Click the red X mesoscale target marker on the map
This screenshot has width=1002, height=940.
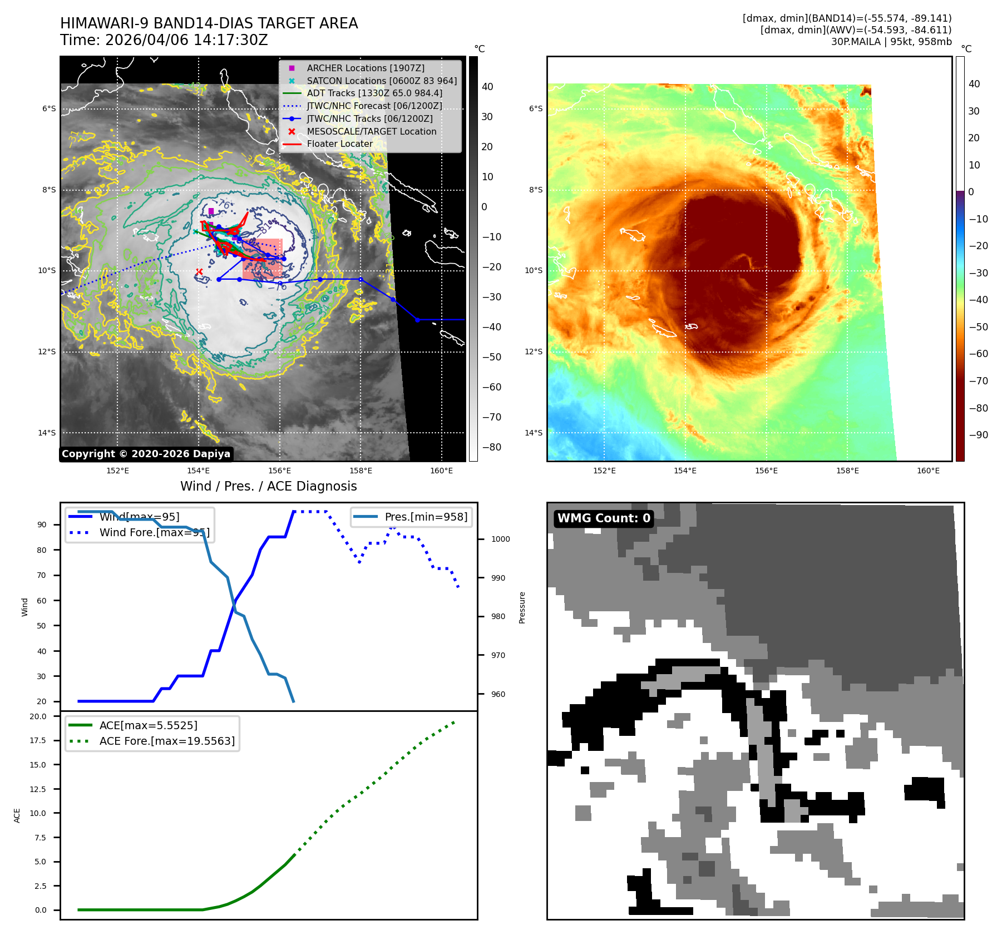coord(199,271)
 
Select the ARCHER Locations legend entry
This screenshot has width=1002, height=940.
coord(365,68)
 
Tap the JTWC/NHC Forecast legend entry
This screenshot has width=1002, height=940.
coord(374,106)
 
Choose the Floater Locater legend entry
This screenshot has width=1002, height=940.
coord(339,144)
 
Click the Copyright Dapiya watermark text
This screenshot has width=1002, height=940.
coord(146,454)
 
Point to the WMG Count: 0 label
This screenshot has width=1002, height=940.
coord(604,518)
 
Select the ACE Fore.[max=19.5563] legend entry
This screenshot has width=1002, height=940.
coord(167,741)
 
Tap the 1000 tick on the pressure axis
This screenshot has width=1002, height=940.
coord(500,539)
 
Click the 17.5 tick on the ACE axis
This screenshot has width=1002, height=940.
coord(38,740)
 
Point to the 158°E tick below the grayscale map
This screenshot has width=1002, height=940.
coord(361,471)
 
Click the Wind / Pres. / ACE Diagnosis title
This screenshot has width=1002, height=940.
coord(268,486)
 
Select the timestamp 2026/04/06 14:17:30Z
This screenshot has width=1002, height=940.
coord(186,40)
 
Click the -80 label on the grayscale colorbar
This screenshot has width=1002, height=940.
coord(491,447)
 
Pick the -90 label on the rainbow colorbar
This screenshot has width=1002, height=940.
coord(978,435)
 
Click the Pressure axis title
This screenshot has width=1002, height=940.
coord(522,607)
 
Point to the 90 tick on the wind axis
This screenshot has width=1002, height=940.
coord(42,525)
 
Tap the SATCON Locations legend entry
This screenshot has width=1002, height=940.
coord(382,81)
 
